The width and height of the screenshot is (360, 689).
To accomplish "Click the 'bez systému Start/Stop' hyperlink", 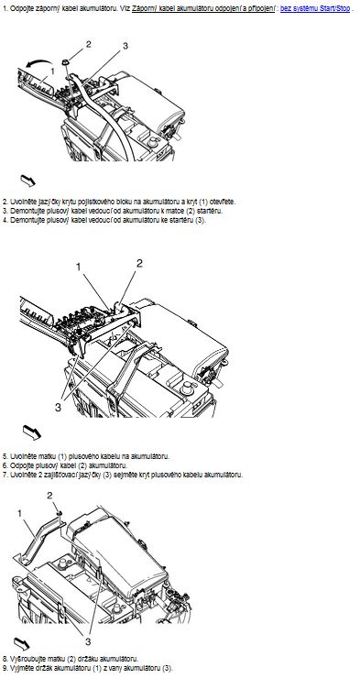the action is tap(315, 8).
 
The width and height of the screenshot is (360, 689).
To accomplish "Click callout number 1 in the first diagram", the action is tap(52, 71).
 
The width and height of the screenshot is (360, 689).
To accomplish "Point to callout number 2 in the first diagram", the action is tap(88, 44).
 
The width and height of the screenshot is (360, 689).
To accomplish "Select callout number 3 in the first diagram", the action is tap(125, 46).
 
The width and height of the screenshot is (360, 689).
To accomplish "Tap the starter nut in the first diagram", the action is tap(65, 62).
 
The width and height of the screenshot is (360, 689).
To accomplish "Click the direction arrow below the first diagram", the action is tap(27, 180).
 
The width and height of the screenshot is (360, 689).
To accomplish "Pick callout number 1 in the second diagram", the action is tap(78, 267).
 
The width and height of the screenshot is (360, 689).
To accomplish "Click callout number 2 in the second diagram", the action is tap(139, 263).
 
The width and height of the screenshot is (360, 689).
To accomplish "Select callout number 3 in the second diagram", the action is tap(58, 408).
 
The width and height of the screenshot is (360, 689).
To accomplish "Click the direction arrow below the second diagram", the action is tap(32, 432).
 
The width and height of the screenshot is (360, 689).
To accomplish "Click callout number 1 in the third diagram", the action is tap(20, 513).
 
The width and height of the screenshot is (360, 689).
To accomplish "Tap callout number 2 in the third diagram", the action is tap(49, 496).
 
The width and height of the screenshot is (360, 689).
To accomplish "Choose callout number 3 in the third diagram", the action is tap(88, 642).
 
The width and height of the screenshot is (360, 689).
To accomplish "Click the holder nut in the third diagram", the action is tap(59, 512).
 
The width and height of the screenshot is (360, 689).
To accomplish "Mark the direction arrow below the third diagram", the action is tap(22, 644).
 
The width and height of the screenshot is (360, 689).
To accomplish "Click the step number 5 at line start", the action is tap(5, 456).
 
